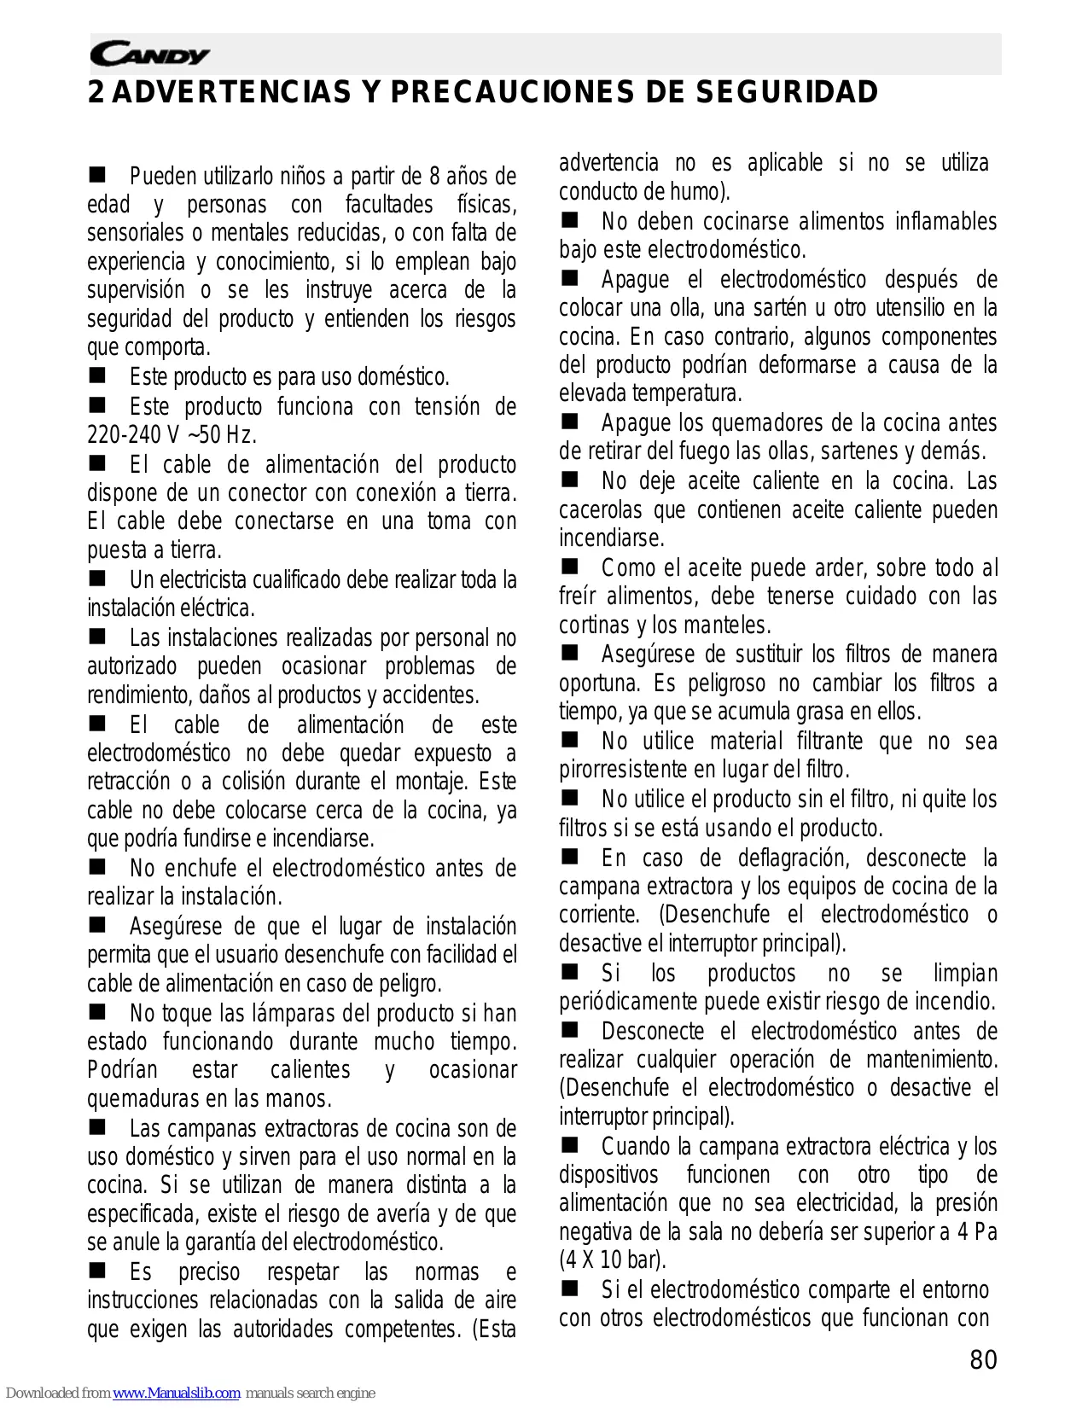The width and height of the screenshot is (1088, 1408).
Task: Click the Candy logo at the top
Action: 149,55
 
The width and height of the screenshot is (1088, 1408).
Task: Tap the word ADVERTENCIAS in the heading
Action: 230,92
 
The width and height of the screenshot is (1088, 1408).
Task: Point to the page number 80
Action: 983,1359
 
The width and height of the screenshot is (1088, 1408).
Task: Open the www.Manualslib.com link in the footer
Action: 176,1393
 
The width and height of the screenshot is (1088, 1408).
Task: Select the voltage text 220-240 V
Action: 133,435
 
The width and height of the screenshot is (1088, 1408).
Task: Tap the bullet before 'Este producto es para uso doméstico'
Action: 98,375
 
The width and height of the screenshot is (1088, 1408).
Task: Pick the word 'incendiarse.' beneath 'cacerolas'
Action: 611,538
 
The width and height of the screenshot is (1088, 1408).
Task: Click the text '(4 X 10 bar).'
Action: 612,1260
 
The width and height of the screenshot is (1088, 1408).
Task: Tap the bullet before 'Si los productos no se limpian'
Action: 570,972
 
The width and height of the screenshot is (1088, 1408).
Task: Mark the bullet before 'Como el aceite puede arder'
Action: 570,567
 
